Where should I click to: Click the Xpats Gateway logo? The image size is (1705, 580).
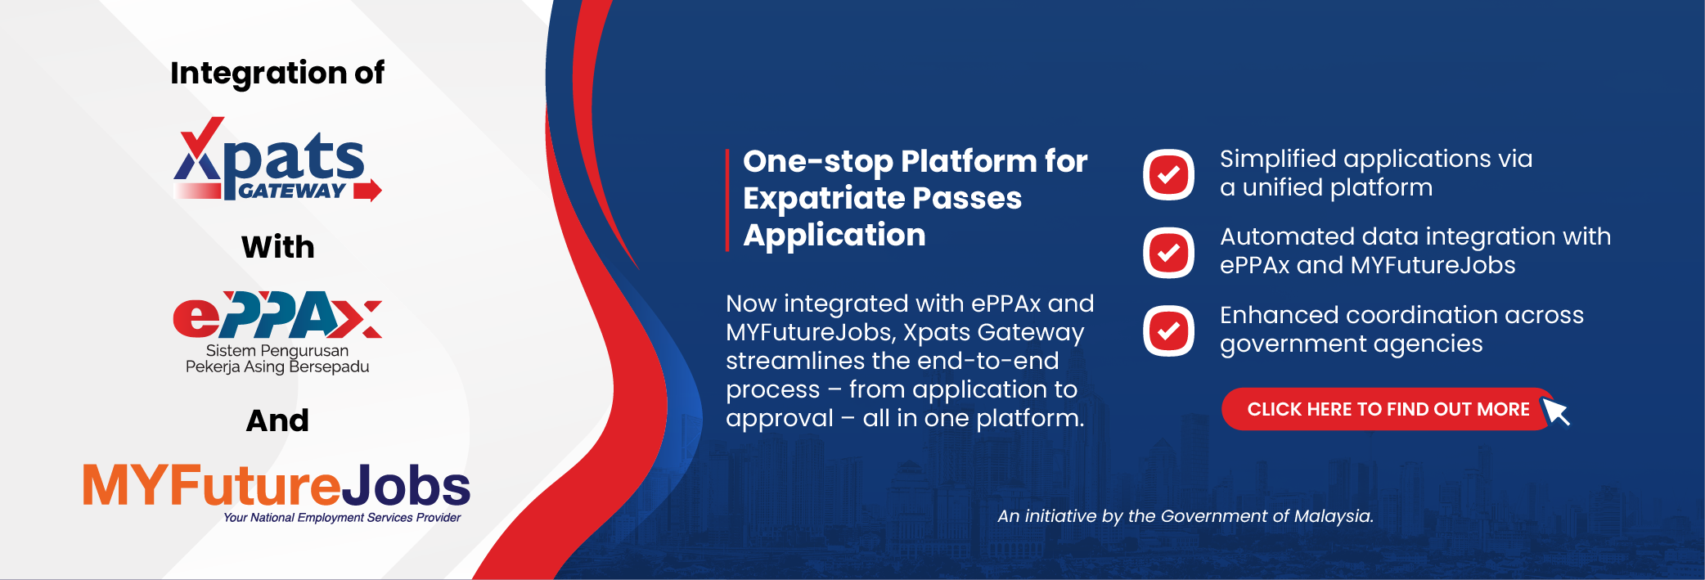tap(277, 160)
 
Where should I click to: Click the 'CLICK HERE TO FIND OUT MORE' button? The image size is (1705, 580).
tap(1388, 409)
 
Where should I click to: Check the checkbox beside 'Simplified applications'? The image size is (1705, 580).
tap(1169, 174)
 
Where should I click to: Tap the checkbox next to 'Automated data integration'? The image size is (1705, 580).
tap(1169, 253)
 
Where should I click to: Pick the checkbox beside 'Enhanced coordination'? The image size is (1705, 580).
tap(1169, 330)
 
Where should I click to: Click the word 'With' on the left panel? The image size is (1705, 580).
tap(278, 247)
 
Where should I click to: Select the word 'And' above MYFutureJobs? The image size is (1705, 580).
tap(278, 420)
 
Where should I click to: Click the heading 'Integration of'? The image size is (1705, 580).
tap(277, 73)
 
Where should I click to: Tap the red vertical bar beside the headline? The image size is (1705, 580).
tap(727, 200)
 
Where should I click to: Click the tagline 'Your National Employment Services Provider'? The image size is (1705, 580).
tap(342, 518)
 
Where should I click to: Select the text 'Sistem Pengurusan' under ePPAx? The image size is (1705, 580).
tap(277, 351)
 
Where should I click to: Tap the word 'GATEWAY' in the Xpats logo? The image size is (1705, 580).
tap(292, 191)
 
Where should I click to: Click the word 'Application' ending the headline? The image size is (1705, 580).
tap(835, 236)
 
